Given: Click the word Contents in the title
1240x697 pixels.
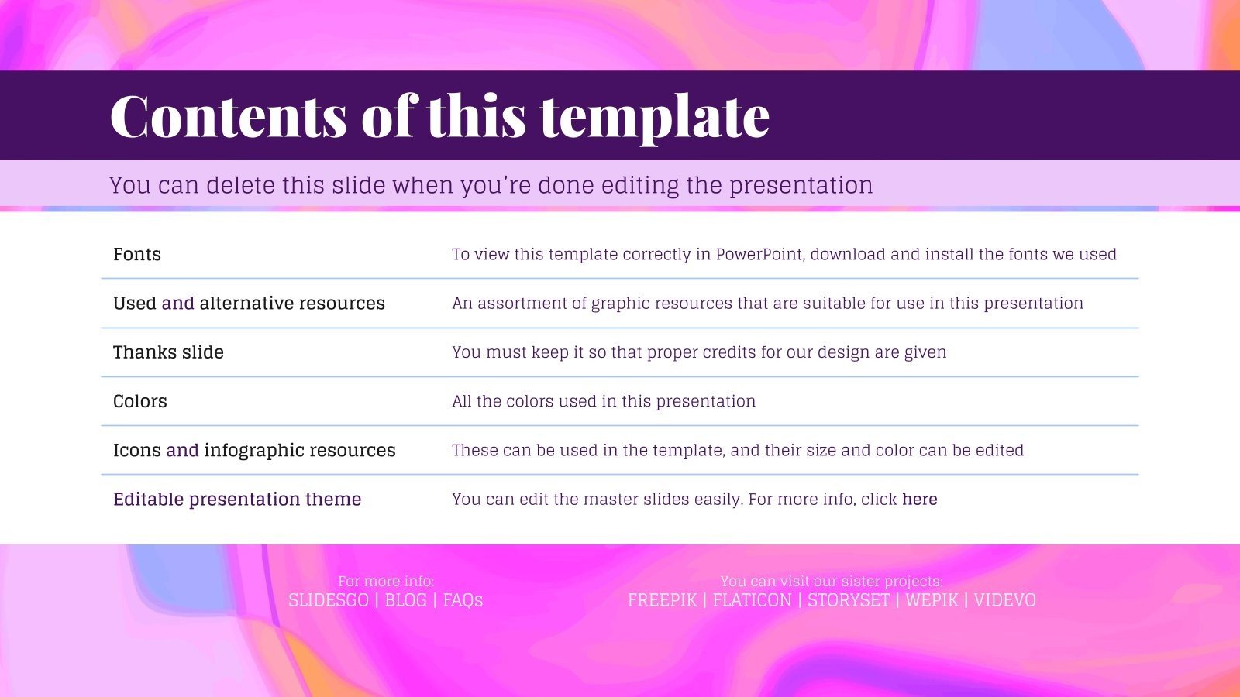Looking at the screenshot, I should (x=228, y=116).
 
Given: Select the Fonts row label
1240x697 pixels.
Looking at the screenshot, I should (x=137, y=255).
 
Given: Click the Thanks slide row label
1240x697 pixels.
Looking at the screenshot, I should (x=168, y=352).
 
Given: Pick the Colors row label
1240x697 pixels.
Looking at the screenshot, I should (x=140, y=401).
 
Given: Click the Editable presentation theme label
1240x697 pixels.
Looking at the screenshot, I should (x=237, y=500).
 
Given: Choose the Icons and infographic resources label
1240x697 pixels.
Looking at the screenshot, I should (x=254, y=451).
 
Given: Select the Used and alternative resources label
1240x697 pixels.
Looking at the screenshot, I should (x=249, y=304).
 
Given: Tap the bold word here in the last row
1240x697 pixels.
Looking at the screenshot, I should (x=920, y=500).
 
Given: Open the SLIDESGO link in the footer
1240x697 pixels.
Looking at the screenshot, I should (x=328, y=600).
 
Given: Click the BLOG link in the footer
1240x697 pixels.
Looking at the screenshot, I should (x=406, y=600).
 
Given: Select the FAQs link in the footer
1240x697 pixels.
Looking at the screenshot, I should (x=463, y=600).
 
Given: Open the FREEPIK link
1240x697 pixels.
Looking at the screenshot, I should (x=662, y=600).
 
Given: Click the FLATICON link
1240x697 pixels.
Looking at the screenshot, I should (x=752, y=600).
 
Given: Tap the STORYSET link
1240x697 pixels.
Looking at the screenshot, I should (x=849, y=600).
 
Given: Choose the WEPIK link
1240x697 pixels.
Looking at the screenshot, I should (x=932, y=600).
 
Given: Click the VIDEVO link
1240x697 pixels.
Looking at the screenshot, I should (x=1005, y=600).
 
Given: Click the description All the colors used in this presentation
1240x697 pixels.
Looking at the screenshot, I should (x=604, y=401).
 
